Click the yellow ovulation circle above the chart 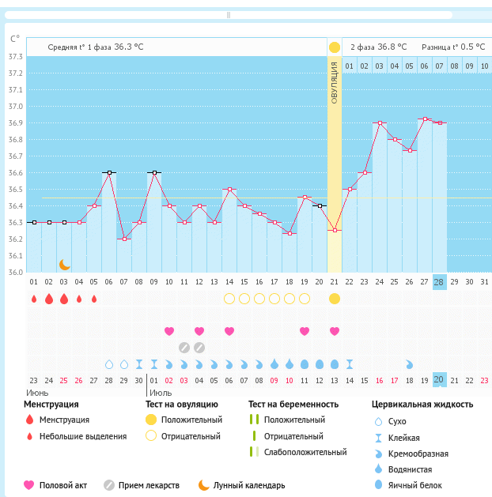(x=334, y=47)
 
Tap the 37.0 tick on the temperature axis (x=16, y=106)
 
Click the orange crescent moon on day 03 (x=64, y=265)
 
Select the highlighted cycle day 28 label (x=440, y=281)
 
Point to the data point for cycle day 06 (x=108, y=172)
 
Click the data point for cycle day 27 (x=425, y=119)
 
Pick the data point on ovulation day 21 (x=335, y=230)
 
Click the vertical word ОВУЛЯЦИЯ (x=335, y=87)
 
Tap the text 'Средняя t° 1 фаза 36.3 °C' (x=96, y=47)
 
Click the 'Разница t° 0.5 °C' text (x=453, y=47)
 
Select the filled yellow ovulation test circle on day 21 (x=335, y=299)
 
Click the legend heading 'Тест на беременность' (x=293, y=405)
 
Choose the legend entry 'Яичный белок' (x=421, y=485)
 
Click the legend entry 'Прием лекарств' (x=149, y=485)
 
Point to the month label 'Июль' (x=161, y=392)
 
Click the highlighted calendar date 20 (x=440, y=380)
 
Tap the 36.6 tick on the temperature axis (x=16, y=172)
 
